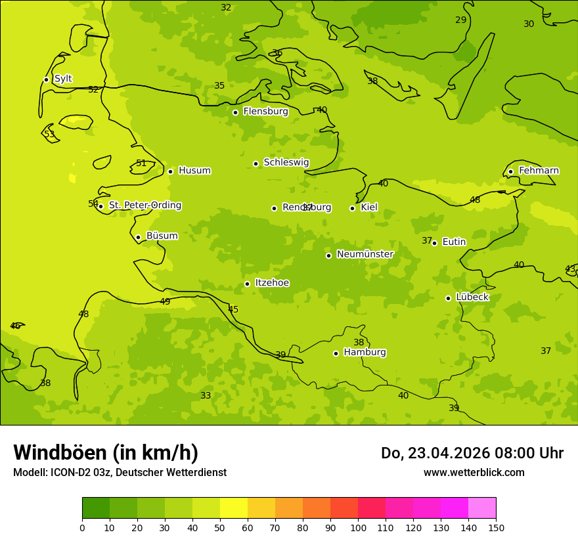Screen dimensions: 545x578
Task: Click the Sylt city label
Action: click(x=63, y=79)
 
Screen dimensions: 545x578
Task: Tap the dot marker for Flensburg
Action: click(x=235, y=112)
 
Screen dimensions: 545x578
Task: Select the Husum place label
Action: click(x=194, y=171)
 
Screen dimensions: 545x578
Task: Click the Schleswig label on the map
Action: click(x=286, y=162)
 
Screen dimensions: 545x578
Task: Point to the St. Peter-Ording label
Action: click(x=144, y=206)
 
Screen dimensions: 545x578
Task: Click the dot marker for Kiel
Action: click(x=352, y=208)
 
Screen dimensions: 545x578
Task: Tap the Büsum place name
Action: click(x=162, y=236)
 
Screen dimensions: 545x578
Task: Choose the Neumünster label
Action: click(x=365, y=254)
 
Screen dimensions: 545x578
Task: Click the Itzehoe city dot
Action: click(x=247, y=284)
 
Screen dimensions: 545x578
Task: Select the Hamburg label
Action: click(x=365, y=352)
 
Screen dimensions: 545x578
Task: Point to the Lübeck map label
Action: click(x=472, y=297)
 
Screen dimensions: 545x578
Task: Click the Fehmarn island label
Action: click(x=539, y=171)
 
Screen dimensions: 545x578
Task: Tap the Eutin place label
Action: click(x=454, y=242)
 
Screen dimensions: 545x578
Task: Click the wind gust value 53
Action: click(x=49, y=135)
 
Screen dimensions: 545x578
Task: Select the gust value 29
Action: click(x=460, y=20)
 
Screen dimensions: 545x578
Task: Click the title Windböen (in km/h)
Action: click(x=106, y=452)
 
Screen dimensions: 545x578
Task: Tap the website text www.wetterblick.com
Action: click(x=474, y=472)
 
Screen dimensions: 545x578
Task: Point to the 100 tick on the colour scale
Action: click(x=358, y=527)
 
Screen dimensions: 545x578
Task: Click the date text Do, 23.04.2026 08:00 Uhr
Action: click(x=472, y=453)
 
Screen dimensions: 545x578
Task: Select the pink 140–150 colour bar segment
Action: click(x=482, y=508)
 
